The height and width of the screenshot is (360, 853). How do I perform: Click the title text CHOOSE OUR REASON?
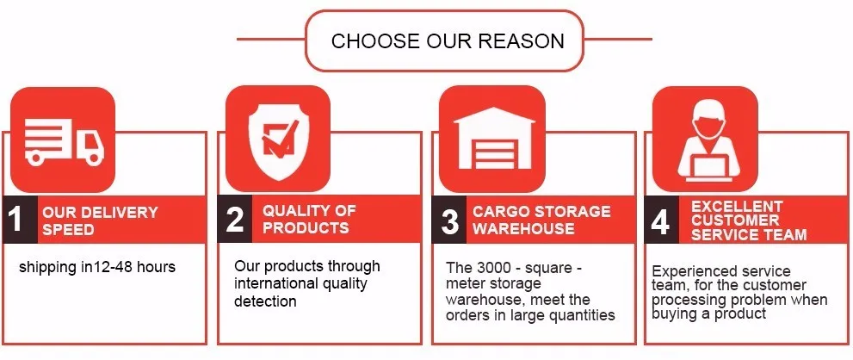click(448, 40)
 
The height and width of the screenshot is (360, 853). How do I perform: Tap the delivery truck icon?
click(64, 140)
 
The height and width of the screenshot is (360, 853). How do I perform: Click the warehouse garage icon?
click(494, 138)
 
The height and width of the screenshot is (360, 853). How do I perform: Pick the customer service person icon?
click(708, 143)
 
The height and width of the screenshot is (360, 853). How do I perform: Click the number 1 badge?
click(20, 220)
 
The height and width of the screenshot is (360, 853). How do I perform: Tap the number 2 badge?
click(235, 219)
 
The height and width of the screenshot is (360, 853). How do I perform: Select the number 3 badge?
click(449, 220)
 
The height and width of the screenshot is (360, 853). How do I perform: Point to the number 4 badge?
click(661, 220)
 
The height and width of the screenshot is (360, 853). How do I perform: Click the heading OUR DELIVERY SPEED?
click(100, 220)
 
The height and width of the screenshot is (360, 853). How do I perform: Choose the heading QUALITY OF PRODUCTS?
click(309, 219)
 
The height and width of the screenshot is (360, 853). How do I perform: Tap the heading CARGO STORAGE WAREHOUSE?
click(541, 220)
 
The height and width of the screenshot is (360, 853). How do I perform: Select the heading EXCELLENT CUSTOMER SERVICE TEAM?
click(749, 220)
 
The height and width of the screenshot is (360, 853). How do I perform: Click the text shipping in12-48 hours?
click(96, 267)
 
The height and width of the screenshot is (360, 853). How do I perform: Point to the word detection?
click(265, 301)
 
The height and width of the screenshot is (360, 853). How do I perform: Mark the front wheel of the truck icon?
click(94, 158)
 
